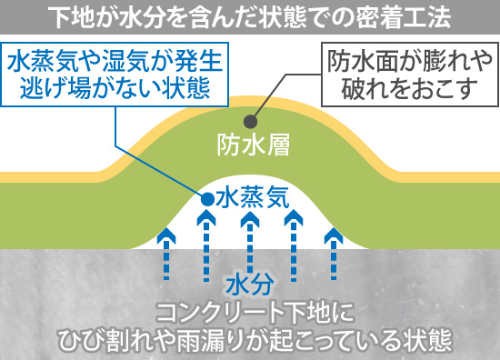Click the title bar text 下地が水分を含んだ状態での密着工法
pyautogui.click(x=250, y=16)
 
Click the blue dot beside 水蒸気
pyautogui.click(x=207, y=197)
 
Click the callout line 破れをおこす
pyautogui.click(x=401, y=88)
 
